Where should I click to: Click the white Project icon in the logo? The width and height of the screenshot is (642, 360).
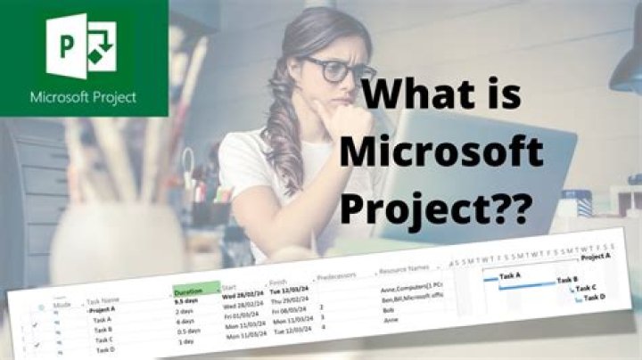tap(85, 45)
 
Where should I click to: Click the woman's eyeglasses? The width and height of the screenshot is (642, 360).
tap(339, 69)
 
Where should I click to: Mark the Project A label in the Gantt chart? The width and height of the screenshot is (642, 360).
tap(596, 257)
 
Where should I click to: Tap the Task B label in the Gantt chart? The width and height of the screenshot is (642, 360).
tap(568, 280)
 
